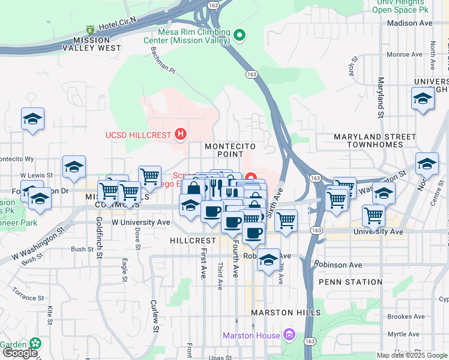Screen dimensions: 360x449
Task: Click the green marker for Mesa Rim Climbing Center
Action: coord(240,36)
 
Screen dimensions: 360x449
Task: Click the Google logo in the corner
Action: coord(19,353)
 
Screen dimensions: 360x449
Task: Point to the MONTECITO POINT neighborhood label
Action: coord(230,146)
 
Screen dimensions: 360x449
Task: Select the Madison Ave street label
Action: coord(410,23)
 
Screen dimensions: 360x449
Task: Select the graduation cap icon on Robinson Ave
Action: coord(269,260)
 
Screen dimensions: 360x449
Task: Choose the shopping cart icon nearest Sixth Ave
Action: coord(286,220)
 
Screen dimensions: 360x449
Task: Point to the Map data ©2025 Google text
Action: coord(412,355)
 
